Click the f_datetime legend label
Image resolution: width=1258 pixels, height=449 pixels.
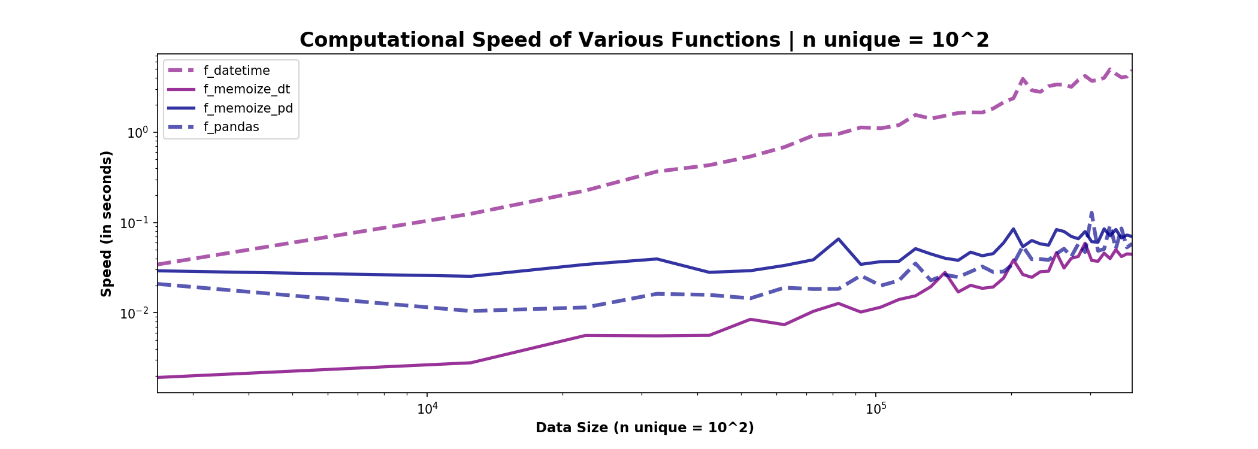click(x=237, y=71)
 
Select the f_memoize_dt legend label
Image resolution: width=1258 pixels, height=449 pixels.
click(x=246, y=89)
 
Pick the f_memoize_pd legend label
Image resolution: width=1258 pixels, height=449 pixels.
click(x=248, y=108)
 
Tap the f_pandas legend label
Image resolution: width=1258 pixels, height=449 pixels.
click(x=231, y=127)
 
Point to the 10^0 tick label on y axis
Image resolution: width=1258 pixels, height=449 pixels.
click(x=137, y=133)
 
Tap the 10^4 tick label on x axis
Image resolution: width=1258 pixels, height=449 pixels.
click(x=427, y=409)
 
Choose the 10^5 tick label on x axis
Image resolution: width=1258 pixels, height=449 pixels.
click(x=876, y=409)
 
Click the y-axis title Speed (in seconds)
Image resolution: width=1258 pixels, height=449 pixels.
click(x=107, y=223)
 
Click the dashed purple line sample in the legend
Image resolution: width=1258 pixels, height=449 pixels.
click(x=182, y=71)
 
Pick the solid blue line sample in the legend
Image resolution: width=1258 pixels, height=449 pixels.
click(x=182, y=108)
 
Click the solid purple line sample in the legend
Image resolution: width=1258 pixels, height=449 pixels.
click(x=182, y=89)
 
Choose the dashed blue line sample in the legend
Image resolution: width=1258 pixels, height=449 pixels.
click(x=182, y=127)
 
